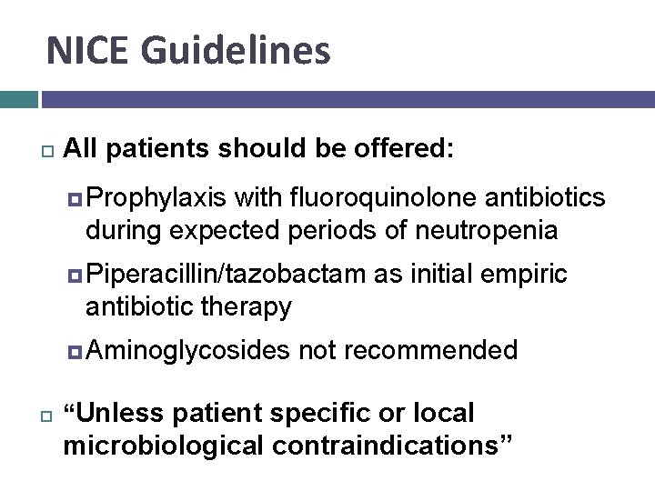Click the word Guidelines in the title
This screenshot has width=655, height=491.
coord(233,51)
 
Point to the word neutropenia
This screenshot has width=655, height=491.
coord(486,230)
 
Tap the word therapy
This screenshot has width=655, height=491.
coord(247,306)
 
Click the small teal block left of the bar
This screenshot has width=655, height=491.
coord(18,99)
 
